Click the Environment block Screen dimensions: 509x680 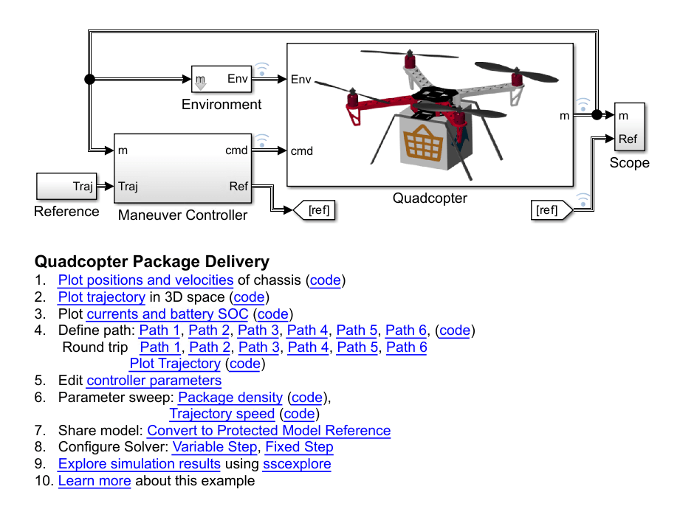pyautogui.click(x=221, y=79)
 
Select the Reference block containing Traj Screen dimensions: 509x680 pyautogui.click(x=66, y=187)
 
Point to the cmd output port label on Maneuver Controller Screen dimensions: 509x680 pyautogui.click(x=236, y=150)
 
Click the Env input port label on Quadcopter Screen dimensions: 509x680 pyautogui.click(x=300, y=79)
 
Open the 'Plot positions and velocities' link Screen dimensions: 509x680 pyautogui.click(x=145, y=280)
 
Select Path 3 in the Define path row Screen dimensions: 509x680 pyautogui.click(x=258, y=330)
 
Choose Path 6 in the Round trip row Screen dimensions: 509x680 pyautogui.click(x=406, y=347)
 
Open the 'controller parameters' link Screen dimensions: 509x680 pyautogui.click(x=154, y=381)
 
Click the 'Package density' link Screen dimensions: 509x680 pyautogui.click(x=230, y=398)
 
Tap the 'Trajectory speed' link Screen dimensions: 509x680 pyautogui.click(x=221, y=414)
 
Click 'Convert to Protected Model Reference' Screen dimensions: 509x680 pyautogui.click(x=269, y=431)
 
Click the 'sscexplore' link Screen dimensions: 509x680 pyautogui.click(x=297, y=464)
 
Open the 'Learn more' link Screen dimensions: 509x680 pyautogui.click(x=95, y=481)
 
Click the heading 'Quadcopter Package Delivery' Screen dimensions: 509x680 pyautogui.click(x=152, y=262)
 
